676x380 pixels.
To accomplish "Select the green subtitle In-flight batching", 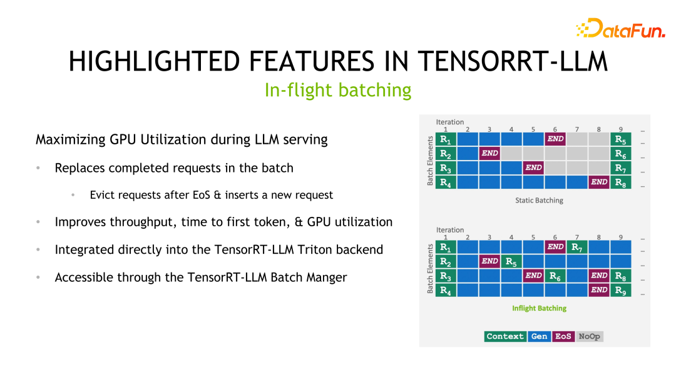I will click(x=338, y=90).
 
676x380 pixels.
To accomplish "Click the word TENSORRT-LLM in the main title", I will click(x=512, y=61).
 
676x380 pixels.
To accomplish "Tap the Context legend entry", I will click(x=504, y=336).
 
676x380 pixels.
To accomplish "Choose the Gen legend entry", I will click(x=539, y=336).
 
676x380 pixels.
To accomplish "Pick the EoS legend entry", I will click(x=563, y=336).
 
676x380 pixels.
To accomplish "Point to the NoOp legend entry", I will click(x=589, y=336).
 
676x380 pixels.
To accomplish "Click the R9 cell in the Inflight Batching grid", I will click(x=620, y=290).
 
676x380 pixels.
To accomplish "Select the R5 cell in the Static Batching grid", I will click(x=620, y=139).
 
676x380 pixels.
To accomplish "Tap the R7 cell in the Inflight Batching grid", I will click(x=576, y=247).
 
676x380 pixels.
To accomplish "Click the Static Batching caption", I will click(x=539, y=201).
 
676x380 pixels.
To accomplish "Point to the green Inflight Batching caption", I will click(x=539, y=308).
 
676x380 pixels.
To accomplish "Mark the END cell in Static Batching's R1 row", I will click(x=555, y=139).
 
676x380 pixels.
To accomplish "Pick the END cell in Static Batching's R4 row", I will click(x=599, y=182).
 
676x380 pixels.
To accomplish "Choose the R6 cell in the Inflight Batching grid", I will click(x=555, y=276).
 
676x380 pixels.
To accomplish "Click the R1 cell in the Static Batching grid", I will click(x=445, y=139).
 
